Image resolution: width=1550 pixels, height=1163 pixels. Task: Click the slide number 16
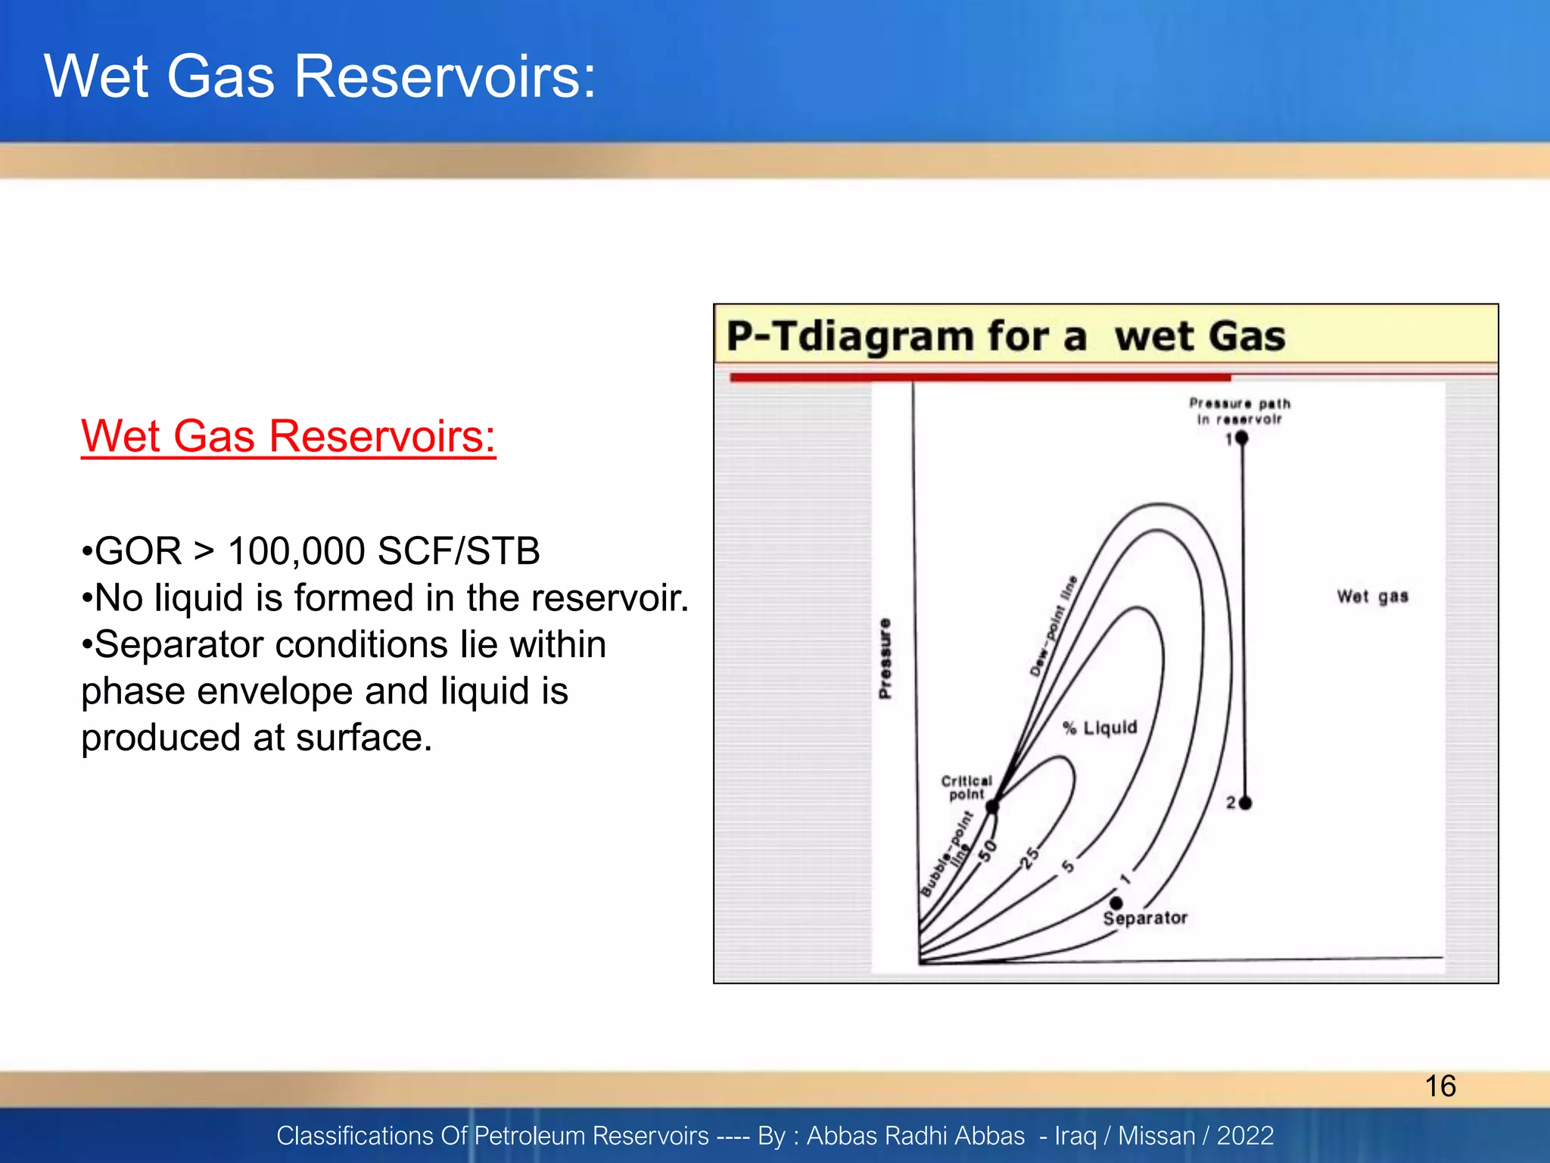1440,1086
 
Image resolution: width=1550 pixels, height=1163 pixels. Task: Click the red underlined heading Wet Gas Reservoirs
288,437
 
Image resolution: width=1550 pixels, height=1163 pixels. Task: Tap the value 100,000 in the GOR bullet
296,550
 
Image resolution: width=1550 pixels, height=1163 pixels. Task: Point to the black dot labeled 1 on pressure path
1241,438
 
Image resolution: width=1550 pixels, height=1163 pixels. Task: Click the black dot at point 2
1245,803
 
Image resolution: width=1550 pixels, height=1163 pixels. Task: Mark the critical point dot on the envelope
992,807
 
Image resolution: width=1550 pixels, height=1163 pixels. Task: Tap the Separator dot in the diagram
1116,903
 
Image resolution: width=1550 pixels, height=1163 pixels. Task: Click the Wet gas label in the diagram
1372,597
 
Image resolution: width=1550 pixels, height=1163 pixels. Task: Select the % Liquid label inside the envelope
1100,728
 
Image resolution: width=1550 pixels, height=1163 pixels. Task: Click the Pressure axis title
885,659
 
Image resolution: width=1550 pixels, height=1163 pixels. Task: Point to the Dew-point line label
1053,625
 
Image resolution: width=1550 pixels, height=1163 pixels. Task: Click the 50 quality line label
988,851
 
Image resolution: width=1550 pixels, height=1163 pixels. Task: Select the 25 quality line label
1030,858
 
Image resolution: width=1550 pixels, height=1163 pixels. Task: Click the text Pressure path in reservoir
1239,411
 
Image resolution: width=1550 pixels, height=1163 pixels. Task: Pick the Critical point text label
966,787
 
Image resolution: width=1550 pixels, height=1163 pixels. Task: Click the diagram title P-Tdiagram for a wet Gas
1006,336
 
